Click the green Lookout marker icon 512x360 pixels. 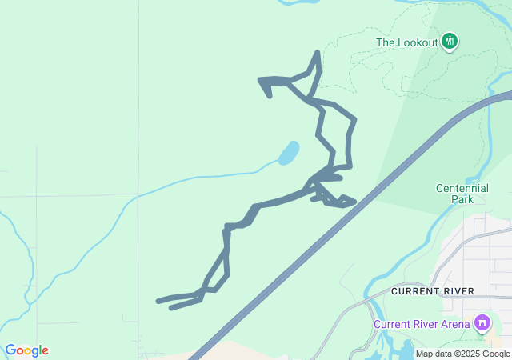pos(450,41)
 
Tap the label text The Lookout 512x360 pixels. pos(406,42)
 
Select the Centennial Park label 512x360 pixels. pos(462,194)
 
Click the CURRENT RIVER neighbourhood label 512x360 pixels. pos(432,291)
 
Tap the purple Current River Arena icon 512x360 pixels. pos(482,323)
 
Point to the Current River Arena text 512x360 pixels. pos(422,324)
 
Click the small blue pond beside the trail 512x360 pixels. pos(289,152)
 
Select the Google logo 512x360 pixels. pos(26,350)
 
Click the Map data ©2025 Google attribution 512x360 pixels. pos(462,354)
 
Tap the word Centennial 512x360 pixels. pos(462,188)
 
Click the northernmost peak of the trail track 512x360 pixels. pos(318,54)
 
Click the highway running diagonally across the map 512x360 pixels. pos(320,239)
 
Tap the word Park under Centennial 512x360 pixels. pos(462,199)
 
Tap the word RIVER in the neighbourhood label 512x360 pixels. pos(458,291)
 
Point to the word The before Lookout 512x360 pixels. pos(385,42)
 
